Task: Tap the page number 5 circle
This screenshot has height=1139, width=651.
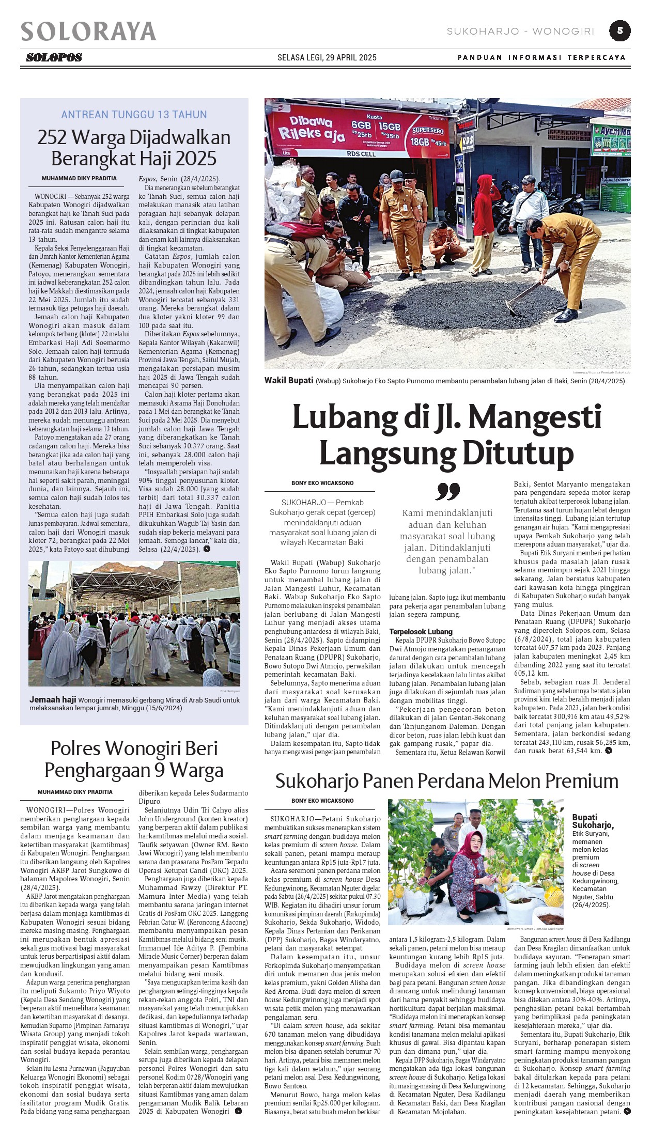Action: click(x=619, y=30)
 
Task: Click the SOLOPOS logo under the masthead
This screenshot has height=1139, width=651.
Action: click(x=54, y=57)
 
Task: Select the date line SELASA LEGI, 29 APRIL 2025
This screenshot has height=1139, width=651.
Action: click(x=327, y=57)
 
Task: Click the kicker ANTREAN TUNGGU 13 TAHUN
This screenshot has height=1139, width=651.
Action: click(x=134, y=115)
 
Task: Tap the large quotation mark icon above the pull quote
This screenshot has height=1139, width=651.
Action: click(x=447, y=491)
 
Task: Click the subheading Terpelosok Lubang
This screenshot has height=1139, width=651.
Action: click(x=421, y=631)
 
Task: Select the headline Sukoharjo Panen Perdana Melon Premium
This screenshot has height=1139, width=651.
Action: click(x=446, y=781)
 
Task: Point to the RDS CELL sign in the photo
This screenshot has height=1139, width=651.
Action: click(x=361, y=153)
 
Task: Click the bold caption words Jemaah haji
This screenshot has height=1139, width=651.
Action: click(x=53, y=699)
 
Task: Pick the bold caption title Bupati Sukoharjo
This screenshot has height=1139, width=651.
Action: click(x=592, y=821)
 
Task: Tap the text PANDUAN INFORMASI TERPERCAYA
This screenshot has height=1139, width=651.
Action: click(x=541, y=57)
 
